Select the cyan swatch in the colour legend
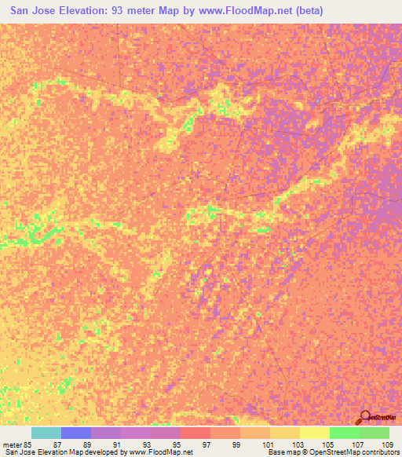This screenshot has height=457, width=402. click(46, 433)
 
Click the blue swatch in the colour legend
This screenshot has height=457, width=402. click(75, 433)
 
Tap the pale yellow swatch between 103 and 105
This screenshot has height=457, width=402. click(314, 433)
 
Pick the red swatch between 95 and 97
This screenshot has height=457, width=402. click(195, 433)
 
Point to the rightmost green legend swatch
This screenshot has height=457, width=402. click(374, 433)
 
